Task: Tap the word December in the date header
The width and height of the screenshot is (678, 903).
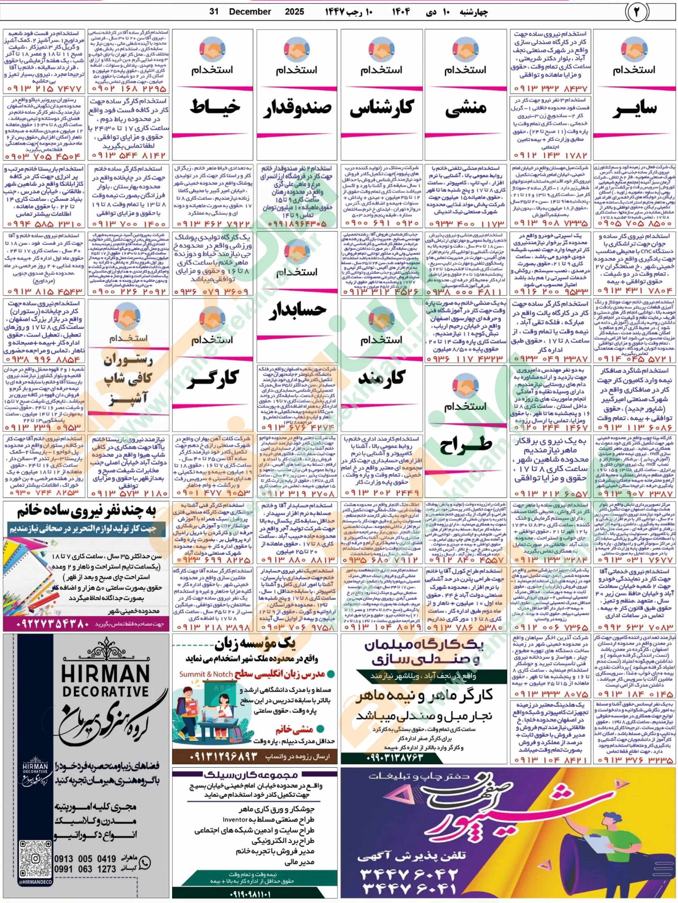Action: (250, 11)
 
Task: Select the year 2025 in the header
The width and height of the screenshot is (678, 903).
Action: (294, 11)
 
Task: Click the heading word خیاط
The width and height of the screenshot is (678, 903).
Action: (214, 107)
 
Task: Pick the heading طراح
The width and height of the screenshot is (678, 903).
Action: (466, 445)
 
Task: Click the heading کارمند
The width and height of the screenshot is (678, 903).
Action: (381, 378)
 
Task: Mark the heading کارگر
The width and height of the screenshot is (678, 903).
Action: (212, 378)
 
